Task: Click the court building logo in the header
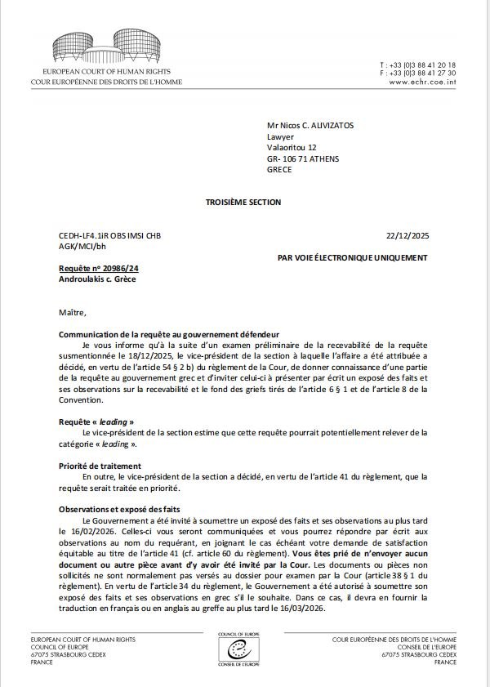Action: [106, 47]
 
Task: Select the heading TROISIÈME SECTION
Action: [243, 202]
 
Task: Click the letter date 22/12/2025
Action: [407, 235]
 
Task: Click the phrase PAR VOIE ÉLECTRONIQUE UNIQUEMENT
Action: [352, 257]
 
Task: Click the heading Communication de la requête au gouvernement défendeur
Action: [169, 335]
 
